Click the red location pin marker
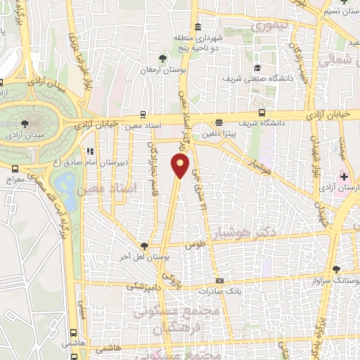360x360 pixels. pyautogui.click(x=181, y=167)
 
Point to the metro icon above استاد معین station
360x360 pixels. pyautogui.click(x=143, y=114)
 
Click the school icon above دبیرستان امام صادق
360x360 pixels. pyautogui.click(x=89, y=150)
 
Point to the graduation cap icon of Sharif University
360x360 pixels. pyautogui.click(x=258, y=67)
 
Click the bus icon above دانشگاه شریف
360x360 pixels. pyautogui.click(x=262, y=112)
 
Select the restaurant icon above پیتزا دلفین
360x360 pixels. pyautogui.click(x=219, y=121)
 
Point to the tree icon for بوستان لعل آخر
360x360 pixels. pyautogui.click(x=144, y=246)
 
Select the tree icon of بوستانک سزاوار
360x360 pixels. pyautogui.click(x=337, y=269)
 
